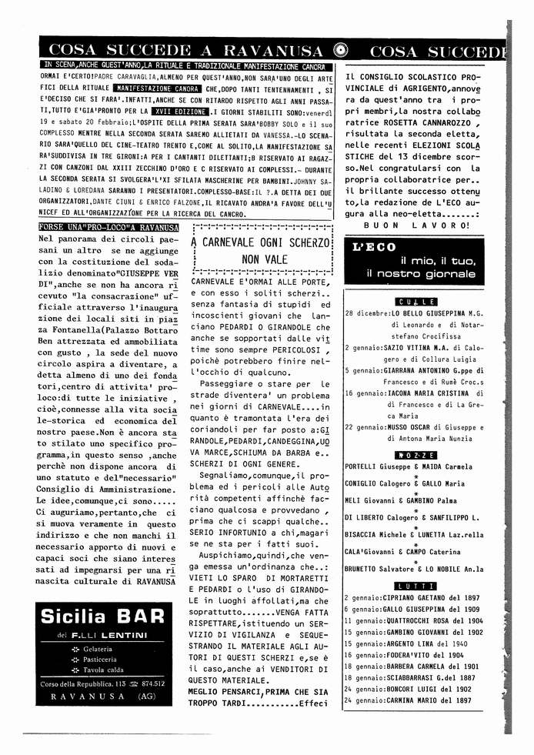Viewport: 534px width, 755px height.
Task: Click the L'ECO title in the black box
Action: point(374,248)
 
